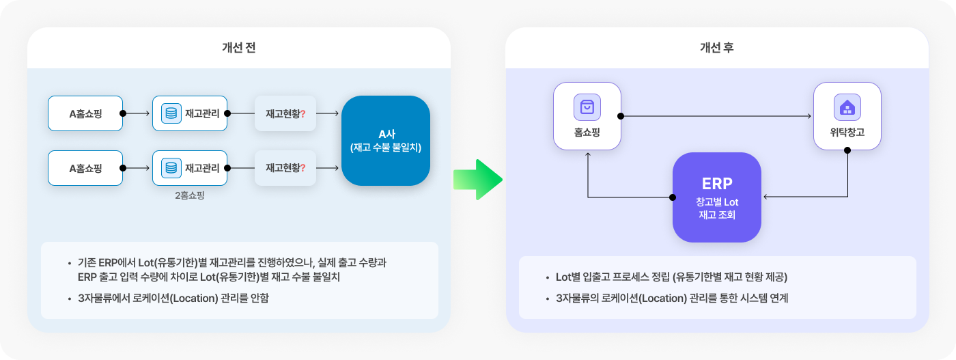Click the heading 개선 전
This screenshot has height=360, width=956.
[x=238, y=47]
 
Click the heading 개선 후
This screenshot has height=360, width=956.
[x=716, y=47]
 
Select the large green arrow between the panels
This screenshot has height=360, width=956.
[x=478, y=180]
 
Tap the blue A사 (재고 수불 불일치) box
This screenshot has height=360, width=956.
[x=386, y=141]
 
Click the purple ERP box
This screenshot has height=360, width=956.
[x=717, y=197]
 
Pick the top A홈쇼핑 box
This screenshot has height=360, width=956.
[x=85, y=113]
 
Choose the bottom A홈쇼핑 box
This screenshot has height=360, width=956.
[x=85, y=168]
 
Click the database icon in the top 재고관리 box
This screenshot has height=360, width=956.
[x=171, y=113]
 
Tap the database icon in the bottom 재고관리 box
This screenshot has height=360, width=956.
[x=171, y=168]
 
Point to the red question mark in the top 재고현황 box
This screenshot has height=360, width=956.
[x=303, y=113]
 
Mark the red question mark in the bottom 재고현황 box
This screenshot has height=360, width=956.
[x=303, y=168]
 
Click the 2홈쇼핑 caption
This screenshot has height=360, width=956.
[x=190, y=195]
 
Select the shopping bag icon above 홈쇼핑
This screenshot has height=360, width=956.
[x=587, y=107]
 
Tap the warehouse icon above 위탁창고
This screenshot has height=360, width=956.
[x=847, y=107]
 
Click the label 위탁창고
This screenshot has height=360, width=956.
[x=847, y=133]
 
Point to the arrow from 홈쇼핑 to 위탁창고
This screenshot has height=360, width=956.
[x=716, y=116]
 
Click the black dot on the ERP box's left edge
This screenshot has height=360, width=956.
[x=673, y=197]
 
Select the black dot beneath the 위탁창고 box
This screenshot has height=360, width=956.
[x=847, y=150]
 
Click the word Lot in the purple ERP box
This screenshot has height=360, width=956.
[x=731, y=202]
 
